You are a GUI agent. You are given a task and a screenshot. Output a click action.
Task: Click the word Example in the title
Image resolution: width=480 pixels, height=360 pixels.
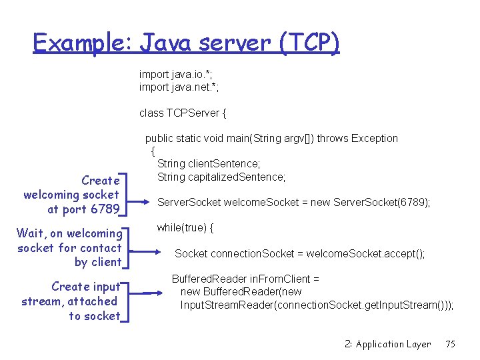tap(83, 43)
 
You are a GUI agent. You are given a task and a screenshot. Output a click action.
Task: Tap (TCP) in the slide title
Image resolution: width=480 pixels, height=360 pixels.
tap(310, 43)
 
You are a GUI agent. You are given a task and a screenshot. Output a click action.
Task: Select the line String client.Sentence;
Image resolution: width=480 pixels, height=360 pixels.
tap(209, 163)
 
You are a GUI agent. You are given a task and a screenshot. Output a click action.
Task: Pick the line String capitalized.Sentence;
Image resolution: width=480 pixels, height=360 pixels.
tap(221, 177)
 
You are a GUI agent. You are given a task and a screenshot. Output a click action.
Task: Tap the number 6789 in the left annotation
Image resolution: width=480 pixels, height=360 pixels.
tap(105, 209)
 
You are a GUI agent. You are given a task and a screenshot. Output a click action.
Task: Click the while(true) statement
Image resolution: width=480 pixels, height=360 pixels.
tap(185, 228)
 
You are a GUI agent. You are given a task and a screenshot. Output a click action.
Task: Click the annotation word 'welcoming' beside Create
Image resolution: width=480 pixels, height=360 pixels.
tap(49, 195)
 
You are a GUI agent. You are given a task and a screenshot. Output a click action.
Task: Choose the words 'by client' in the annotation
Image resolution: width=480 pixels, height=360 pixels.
tap(98, 262)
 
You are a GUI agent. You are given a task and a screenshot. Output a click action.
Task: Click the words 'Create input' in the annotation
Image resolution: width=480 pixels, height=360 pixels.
tap(86, 287)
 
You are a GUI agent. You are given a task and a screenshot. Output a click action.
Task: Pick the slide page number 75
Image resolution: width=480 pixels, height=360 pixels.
tap(450, 344)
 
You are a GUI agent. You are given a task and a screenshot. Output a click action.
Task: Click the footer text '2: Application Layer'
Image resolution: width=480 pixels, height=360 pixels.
tap(387, 344)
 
